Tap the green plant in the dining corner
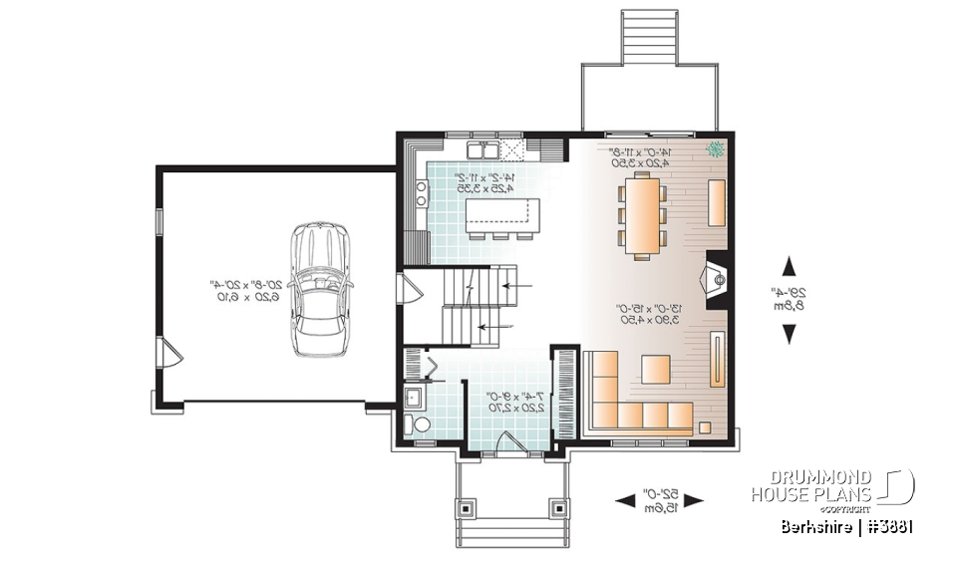(714, 150)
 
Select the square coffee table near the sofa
(656, 370)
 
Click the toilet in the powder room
(421, 425)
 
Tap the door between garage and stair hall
(407, 292)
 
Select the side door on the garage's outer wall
(168, 351)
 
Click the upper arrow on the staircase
(513, 286)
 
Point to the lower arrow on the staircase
(493, 326)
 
